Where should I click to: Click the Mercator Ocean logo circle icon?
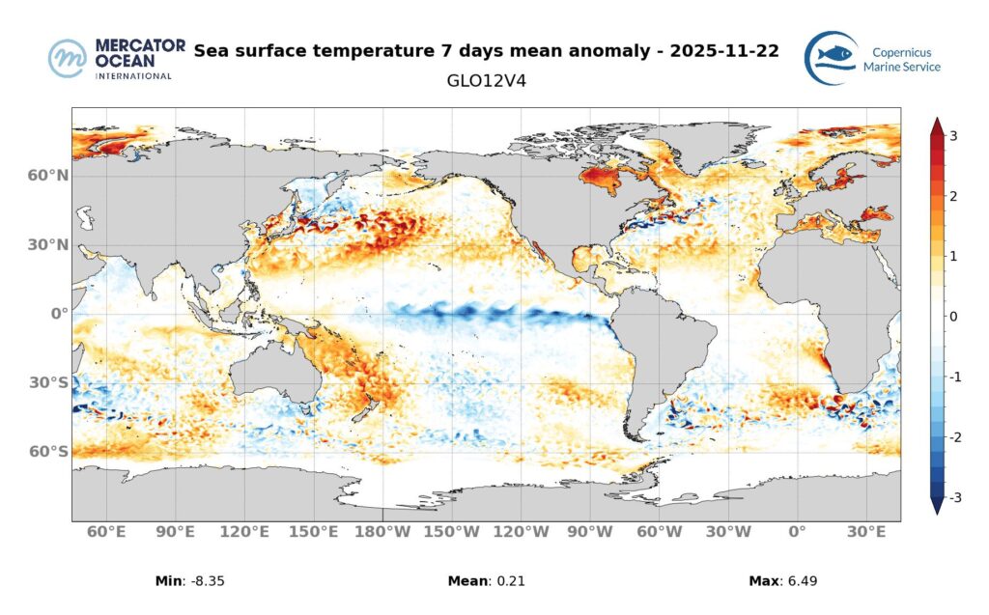pyautogui.click(x=68, y=58)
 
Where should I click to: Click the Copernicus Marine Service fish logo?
pyautogui.click(x=832, y=58)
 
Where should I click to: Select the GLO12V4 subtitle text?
pyautogui.click(x=486, y=81)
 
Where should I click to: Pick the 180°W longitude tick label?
pyautogui.click(x=383, y=532)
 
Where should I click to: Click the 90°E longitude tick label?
pyautogui.click(x=176, y=532)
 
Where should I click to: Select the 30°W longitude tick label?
pyautogui.click(x=728, y=532)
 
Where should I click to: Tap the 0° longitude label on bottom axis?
pyautogui.click(x=797, y=532)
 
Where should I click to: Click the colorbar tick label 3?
pyautogui.click(x=953, y=136)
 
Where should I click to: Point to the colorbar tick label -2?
pyautogui.click(x=951, y=437)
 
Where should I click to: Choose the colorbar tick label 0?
pyautogui.click(x=953, y=317)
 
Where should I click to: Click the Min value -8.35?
pyautogui.click(x=207, y=581)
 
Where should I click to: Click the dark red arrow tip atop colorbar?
pyautogui.click(x=936, y=124)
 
